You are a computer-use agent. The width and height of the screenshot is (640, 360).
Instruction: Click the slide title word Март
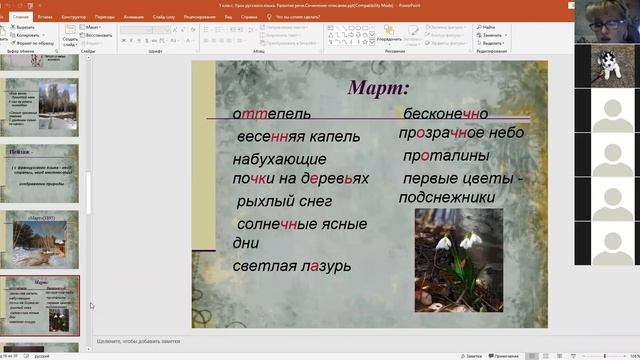click(378, 87)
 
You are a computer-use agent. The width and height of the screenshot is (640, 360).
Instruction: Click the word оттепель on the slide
click(271, 114)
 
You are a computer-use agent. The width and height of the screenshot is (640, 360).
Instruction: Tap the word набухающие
click(279, 159)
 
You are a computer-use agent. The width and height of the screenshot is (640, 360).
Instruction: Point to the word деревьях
click(335, 179)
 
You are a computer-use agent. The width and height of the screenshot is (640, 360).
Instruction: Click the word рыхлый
click(263, 202)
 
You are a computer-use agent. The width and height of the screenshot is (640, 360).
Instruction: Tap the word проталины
click(446, 156)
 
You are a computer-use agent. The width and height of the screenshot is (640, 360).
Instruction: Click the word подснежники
click(446, 197)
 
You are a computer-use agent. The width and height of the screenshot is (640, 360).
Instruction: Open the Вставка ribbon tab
click(46, 17)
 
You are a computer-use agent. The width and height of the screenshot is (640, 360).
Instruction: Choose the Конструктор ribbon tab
click(74, 17)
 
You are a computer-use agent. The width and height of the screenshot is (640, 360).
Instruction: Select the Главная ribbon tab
click(20, 17)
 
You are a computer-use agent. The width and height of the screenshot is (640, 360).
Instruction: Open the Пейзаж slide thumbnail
click(42, 168)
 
